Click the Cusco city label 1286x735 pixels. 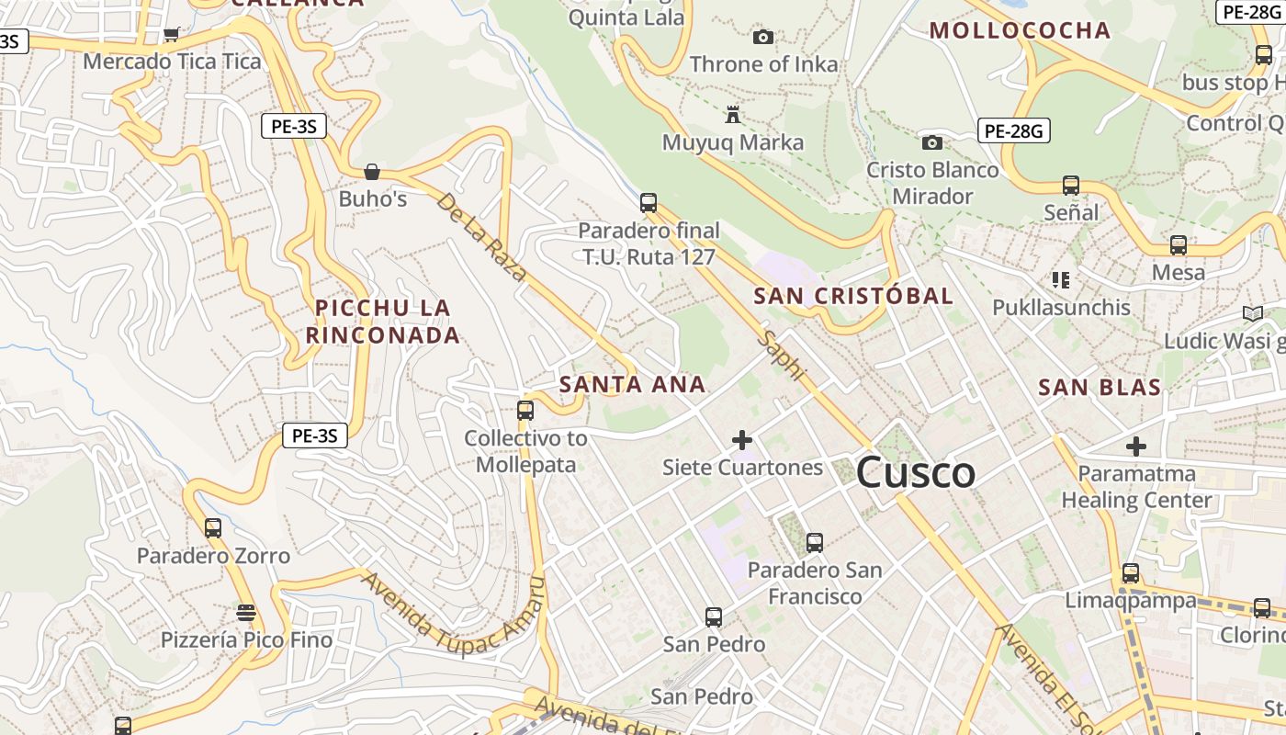(x=915, y=473)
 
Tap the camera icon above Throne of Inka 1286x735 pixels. (x=762, y=38)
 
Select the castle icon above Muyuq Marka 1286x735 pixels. (x=732, y=115)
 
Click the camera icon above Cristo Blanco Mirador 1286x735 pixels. (x=931, y=142)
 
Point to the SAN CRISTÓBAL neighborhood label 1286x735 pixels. (x=853, y=296)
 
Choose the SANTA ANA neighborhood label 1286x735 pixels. (x=632, y=384)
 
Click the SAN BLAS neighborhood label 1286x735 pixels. (x=1100, y=387)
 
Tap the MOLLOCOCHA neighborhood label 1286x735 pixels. (x=1020, y=30)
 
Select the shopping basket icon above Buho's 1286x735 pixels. (x=372, y=172)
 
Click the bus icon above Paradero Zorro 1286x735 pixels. (x=213, y=528)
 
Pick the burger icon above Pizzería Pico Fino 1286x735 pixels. (x=245, y=613)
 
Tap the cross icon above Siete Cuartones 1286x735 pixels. (x=742, y=440)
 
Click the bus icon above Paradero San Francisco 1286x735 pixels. (x=814, y=543)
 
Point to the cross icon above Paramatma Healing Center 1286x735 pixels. (x=1136, y=447)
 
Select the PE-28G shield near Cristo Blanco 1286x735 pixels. (x=1014, y=130)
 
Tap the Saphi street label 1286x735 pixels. (x=782, y=356)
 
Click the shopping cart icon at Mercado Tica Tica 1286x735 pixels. (x=171, y=35)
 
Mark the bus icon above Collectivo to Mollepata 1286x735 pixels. (x=525, y=411)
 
